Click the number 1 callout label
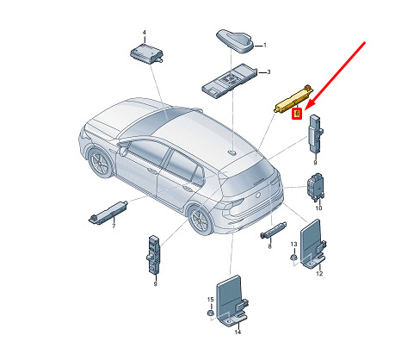[265, 46]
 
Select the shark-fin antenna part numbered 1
[235, 41]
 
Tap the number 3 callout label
[268, 72]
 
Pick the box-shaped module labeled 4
[146, 54]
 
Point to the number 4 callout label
[145, 33]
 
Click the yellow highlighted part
[293, 99]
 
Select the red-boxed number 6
[297, 114]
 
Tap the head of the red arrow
[306, 109]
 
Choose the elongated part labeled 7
[108, 211]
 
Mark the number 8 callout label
[269, 246]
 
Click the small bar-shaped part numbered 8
[273, 230]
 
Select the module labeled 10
[316, 187]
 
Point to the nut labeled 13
[293, 257]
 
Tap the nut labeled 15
[210, 313]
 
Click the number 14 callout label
[238, 332]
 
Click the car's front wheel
[101, 164]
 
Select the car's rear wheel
[201, 220]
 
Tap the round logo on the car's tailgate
[258, 195]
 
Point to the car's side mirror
[123, 149]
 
